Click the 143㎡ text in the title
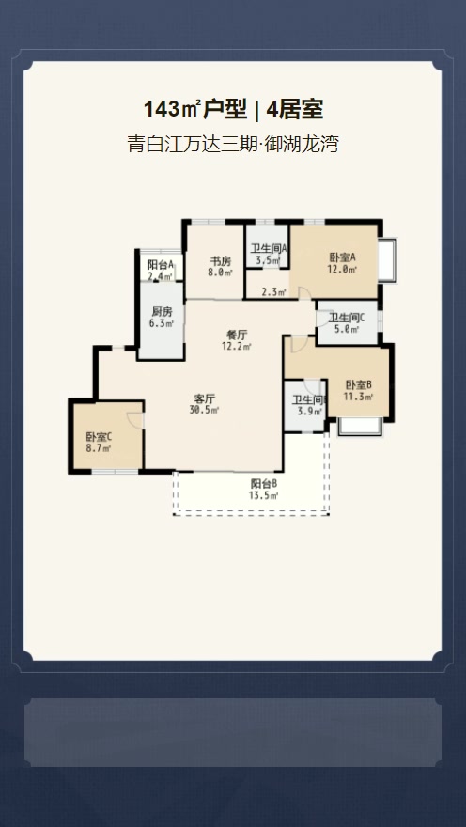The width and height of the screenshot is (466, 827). (171, 110)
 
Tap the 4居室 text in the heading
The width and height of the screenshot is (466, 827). (295, 110)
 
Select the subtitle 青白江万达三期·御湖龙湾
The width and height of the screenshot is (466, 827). (232, 144)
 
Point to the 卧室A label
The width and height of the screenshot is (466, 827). (343, 257)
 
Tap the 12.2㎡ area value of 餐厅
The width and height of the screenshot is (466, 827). (237, 347)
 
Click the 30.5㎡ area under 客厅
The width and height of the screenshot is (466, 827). (205, 410)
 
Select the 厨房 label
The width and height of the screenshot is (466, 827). (162, 312)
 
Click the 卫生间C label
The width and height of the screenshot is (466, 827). (348, 318)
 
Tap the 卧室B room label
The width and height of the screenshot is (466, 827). (360, 385)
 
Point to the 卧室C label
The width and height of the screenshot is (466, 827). (99, 437)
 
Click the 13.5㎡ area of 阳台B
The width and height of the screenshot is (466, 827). (264, 495)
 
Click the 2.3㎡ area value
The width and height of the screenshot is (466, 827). (274, 292)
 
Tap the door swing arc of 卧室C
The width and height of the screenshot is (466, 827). (135, 419)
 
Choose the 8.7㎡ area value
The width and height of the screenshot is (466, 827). (99, 448)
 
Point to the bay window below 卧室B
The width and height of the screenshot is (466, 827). (360, 427)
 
